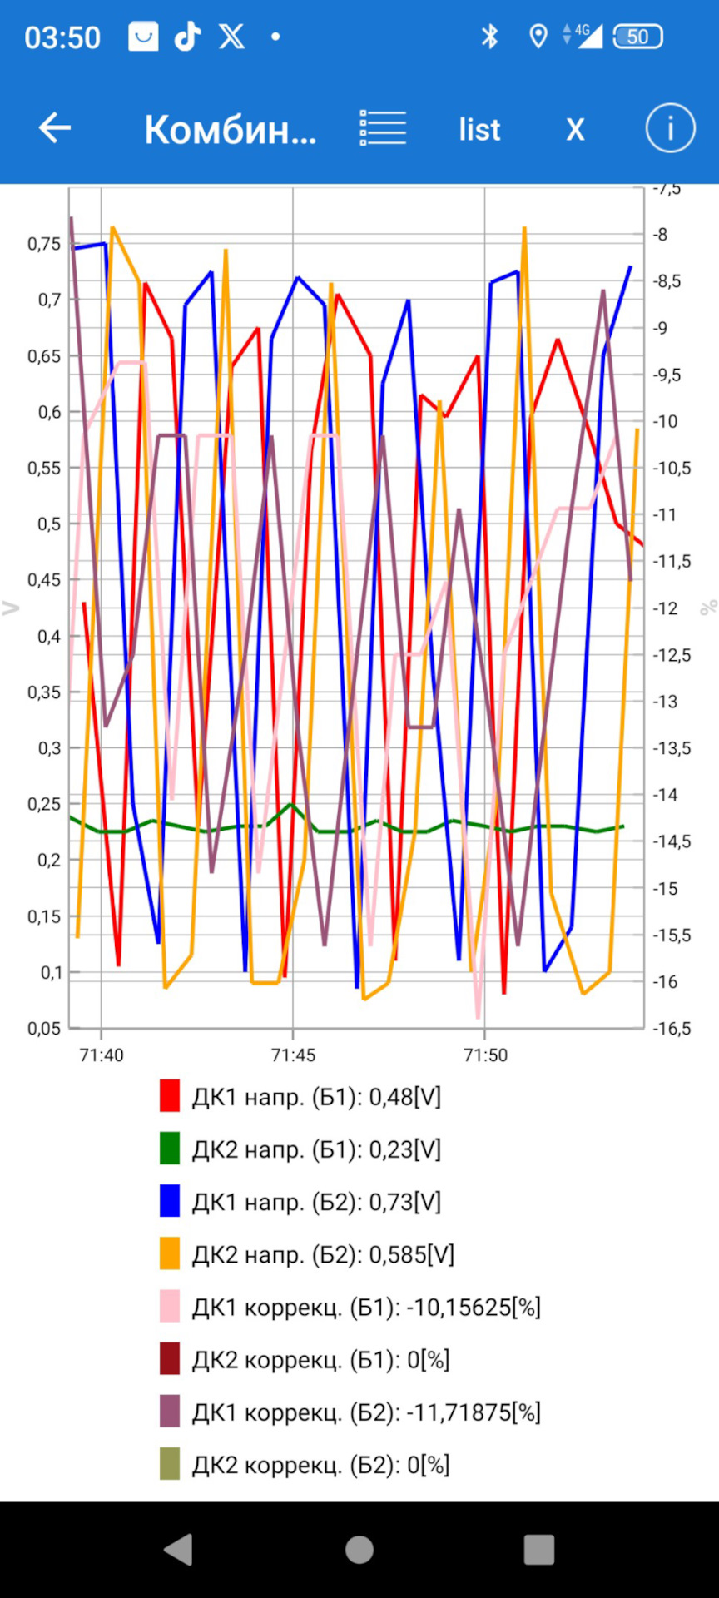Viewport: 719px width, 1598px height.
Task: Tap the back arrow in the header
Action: tap(55, 128)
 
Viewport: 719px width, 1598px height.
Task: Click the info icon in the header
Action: tap(670, 128)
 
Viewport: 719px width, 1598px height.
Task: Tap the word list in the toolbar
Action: tap(479, 130)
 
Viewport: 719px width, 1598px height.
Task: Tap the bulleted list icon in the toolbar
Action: tap(383, 128)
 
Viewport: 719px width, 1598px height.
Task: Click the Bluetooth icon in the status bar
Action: tap(489, 37)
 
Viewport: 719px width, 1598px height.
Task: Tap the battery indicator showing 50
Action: tap(637, 37)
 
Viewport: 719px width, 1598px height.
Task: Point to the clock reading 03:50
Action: tap(62, 37)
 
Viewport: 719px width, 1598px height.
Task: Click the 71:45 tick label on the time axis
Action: tap(293, 1055)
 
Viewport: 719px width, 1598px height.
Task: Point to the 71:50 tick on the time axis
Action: tap(485, 1055)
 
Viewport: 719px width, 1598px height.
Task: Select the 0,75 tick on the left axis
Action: tap(44, 244)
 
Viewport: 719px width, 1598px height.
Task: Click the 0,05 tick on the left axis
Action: tap(44, 1029)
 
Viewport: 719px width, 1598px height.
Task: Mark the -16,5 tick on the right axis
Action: tap(672, 1029)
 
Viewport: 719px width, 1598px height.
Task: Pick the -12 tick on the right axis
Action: tap(666, 608)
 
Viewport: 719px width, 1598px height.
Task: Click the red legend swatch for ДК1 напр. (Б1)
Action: tap(170, 1096)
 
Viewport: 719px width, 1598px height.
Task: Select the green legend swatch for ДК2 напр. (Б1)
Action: tap(170, 1149)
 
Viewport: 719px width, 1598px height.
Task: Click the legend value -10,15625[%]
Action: tap(474, 1307)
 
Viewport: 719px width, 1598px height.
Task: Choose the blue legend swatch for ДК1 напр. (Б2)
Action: tap(170, 1201)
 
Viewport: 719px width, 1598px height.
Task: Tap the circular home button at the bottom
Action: tap(359, 1550)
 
